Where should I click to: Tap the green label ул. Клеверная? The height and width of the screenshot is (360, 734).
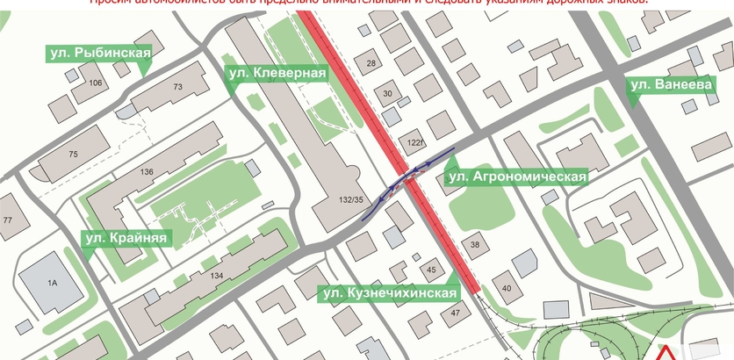click(x=277, y=74)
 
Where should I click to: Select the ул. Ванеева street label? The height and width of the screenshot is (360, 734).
click(x=668, y=85)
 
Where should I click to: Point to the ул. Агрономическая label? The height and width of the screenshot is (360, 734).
click(x=516, y=176)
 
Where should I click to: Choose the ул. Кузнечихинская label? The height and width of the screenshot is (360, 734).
click(x=389, y=292)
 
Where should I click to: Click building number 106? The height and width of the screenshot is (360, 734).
click(x=96, y=83)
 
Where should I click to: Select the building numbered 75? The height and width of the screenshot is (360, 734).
click(x=74, y=155)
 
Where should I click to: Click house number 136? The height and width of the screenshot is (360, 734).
click(x=147, y=171)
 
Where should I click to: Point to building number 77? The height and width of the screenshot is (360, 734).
click(x=9, y=220)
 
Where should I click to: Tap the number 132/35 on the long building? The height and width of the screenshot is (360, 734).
click(x=350, y=200)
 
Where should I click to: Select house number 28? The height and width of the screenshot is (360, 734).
click(x=371, y=63)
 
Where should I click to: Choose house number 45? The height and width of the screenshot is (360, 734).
click(x=430, y=270)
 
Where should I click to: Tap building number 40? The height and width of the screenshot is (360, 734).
click(x=506, y=288)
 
